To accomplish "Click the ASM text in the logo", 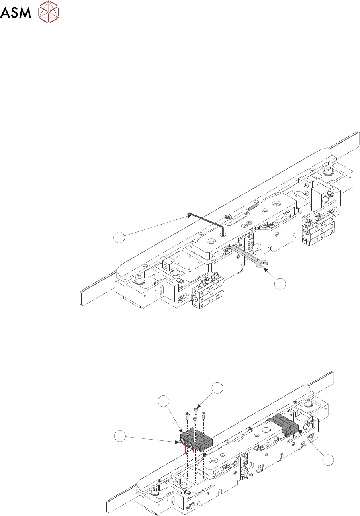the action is point(16,14).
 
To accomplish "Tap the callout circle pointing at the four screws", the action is point(217,388).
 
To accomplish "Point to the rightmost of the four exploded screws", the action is point(203,415).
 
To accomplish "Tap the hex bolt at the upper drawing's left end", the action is point(139,281).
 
